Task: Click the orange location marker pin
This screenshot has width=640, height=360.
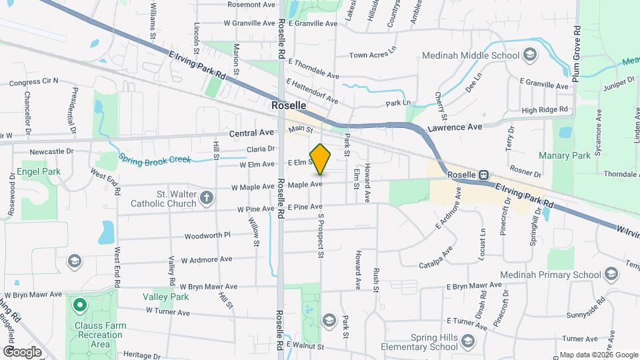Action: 321,159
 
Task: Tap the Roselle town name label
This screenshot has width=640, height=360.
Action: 289,106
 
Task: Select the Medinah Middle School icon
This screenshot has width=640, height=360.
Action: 531,55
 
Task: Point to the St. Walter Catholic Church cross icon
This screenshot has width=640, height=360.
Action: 207,197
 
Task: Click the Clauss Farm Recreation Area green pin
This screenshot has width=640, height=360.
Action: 80,306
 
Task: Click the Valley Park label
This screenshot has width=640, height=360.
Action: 161,296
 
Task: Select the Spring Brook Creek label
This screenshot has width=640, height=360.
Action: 155,160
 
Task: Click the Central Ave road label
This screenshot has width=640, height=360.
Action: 252,133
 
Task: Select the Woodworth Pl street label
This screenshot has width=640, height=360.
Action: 207,235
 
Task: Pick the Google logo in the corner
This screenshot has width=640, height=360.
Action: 22,351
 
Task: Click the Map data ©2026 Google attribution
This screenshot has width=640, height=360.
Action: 598,354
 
